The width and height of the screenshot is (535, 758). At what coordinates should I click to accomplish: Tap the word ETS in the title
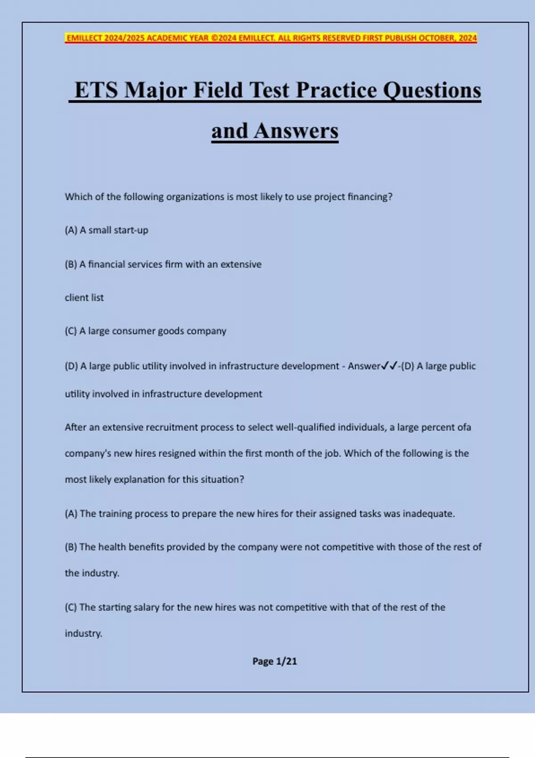tap(96, 90)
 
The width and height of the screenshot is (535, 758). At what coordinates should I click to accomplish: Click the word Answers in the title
tap(296, 131)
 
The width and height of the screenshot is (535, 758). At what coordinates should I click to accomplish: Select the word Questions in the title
tap(432, 90)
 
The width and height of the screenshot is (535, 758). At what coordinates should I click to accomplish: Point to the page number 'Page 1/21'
tap(275, 661)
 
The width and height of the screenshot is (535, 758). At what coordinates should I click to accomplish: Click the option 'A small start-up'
tap(114, 230)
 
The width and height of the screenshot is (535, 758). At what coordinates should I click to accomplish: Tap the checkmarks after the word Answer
tap(389, 366)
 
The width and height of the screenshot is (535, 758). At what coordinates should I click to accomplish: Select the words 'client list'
tap(84, 297)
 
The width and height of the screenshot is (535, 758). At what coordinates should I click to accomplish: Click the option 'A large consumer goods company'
tap(152, 331)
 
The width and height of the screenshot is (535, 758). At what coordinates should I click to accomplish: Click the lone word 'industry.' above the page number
tap(83, 633)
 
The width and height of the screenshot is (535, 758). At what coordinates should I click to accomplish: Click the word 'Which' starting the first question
tap(78, 197)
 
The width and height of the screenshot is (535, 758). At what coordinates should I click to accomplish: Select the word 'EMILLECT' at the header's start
tap(84, 38)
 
